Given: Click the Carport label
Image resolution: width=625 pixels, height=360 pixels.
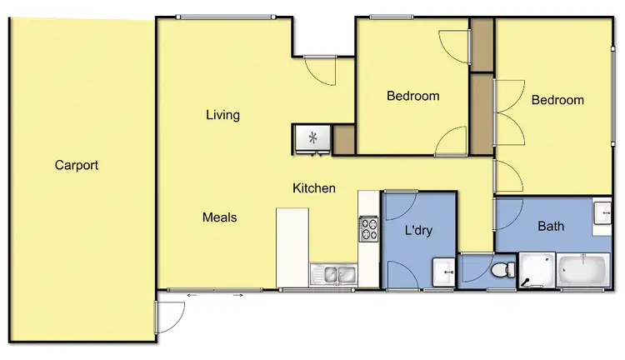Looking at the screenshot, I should [77, 165].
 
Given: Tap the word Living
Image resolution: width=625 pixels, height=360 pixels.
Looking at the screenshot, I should [222, 115].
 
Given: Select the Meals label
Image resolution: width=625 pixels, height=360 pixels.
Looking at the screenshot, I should [220, 217].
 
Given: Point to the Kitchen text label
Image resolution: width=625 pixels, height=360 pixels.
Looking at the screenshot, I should [313, 188].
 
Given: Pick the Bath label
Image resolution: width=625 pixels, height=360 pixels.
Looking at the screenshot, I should [551, 226].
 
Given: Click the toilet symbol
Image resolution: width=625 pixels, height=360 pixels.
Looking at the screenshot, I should [502, 271].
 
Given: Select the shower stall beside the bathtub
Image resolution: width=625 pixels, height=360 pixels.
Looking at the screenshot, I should [536, 270].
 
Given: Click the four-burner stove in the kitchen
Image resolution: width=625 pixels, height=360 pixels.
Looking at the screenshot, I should [368, 229].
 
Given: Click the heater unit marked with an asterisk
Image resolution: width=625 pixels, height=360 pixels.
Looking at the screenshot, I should [312, 138].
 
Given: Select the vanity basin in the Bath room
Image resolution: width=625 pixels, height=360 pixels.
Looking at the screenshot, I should [602, 213].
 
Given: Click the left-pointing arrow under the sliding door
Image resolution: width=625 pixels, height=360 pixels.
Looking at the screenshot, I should [190, 295].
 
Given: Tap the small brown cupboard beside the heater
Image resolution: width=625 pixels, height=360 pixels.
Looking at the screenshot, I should [343, 139].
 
